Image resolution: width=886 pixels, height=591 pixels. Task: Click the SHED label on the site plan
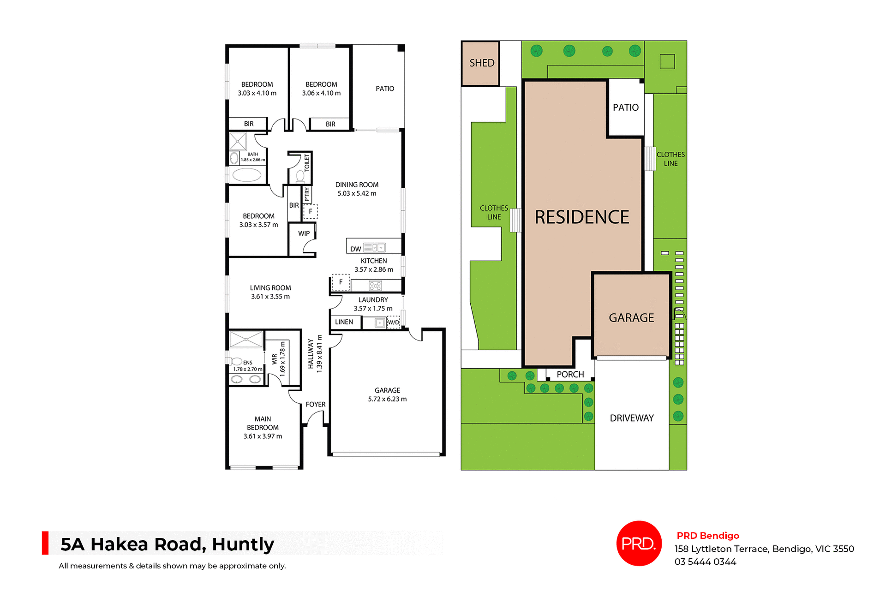click(482, 63)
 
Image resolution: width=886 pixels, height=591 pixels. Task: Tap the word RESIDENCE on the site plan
click(581, 217)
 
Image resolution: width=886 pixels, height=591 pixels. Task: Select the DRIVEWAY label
click(632, 418)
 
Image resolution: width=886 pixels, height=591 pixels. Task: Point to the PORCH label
click(570, 375)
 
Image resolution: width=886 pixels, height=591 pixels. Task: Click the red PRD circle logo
click(639, 543)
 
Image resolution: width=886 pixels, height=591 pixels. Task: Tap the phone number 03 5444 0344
click(705, 562)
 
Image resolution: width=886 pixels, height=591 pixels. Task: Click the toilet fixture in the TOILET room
click(300, 176)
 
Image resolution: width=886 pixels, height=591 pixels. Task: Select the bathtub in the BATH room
click(247, 175)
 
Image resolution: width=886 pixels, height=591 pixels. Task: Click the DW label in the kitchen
click(355, 249)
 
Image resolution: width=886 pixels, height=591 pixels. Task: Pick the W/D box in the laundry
click(394, 322)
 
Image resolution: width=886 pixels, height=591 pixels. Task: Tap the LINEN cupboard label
click(344, 322)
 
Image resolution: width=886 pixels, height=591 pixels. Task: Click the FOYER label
click(316, 405)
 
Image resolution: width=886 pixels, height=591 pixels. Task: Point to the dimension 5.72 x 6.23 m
click(387, 399)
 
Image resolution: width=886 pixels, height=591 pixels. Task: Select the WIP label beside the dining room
click(304, 233)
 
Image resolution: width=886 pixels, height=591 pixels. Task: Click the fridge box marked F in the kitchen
click(341, 282)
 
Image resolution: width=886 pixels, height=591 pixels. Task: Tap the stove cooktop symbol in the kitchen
click(375, 286)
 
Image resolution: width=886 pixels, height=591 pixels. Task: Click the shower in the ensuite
click(246, 339)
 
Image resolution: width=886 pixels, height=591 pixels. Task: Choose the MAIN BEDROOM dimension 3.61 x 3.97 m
click(263, 436)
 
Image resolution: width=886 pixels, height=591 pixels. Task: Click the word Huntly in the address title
click(243, 544)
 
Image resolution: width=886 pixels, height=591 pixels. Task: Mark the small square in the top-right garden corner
click(667, 61)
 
